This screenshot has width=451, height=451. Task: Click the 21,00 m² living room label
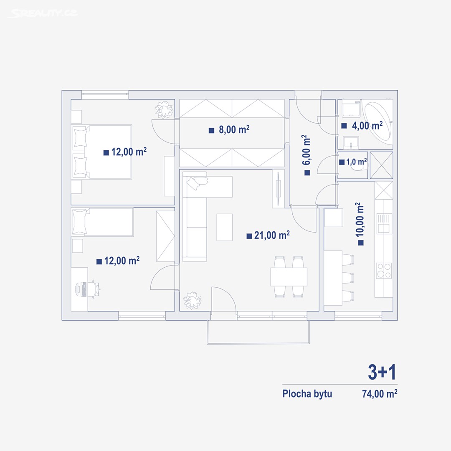[268, 235]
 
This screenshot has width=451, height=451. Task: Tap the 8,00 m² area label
[229, 130]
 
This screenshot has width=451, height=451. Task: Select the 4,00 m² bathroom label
[362, 125]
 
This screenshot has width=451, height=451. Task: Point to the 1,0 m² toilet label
[353, 162]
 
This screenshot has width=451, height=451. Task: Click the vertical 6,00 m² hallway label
[307, 155]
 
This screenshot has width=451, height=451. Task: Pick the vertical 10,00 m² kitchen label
[360, 224]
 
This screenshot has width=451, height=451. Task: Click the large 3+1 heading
[382, 372]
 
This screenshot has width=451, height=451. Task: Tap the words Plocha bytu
[307, 393]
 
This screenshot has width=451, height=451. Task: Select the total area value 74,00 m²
[380, 393]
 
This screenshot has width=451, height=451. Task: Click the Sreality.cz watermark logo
[43, 13]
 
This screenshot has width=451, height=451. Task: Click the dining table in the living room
[289, 277]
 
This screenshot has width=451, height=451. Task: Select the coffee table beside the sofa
[225, 227]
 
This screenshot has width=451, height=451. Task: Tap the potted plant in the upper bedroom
[164, 109]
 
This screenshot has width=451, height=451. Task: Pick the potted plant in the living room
[193, 301]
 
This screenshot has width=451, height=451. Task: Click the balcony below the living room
[258, 332]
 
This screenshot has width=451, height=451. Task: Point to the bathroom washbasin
[351, 142]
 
